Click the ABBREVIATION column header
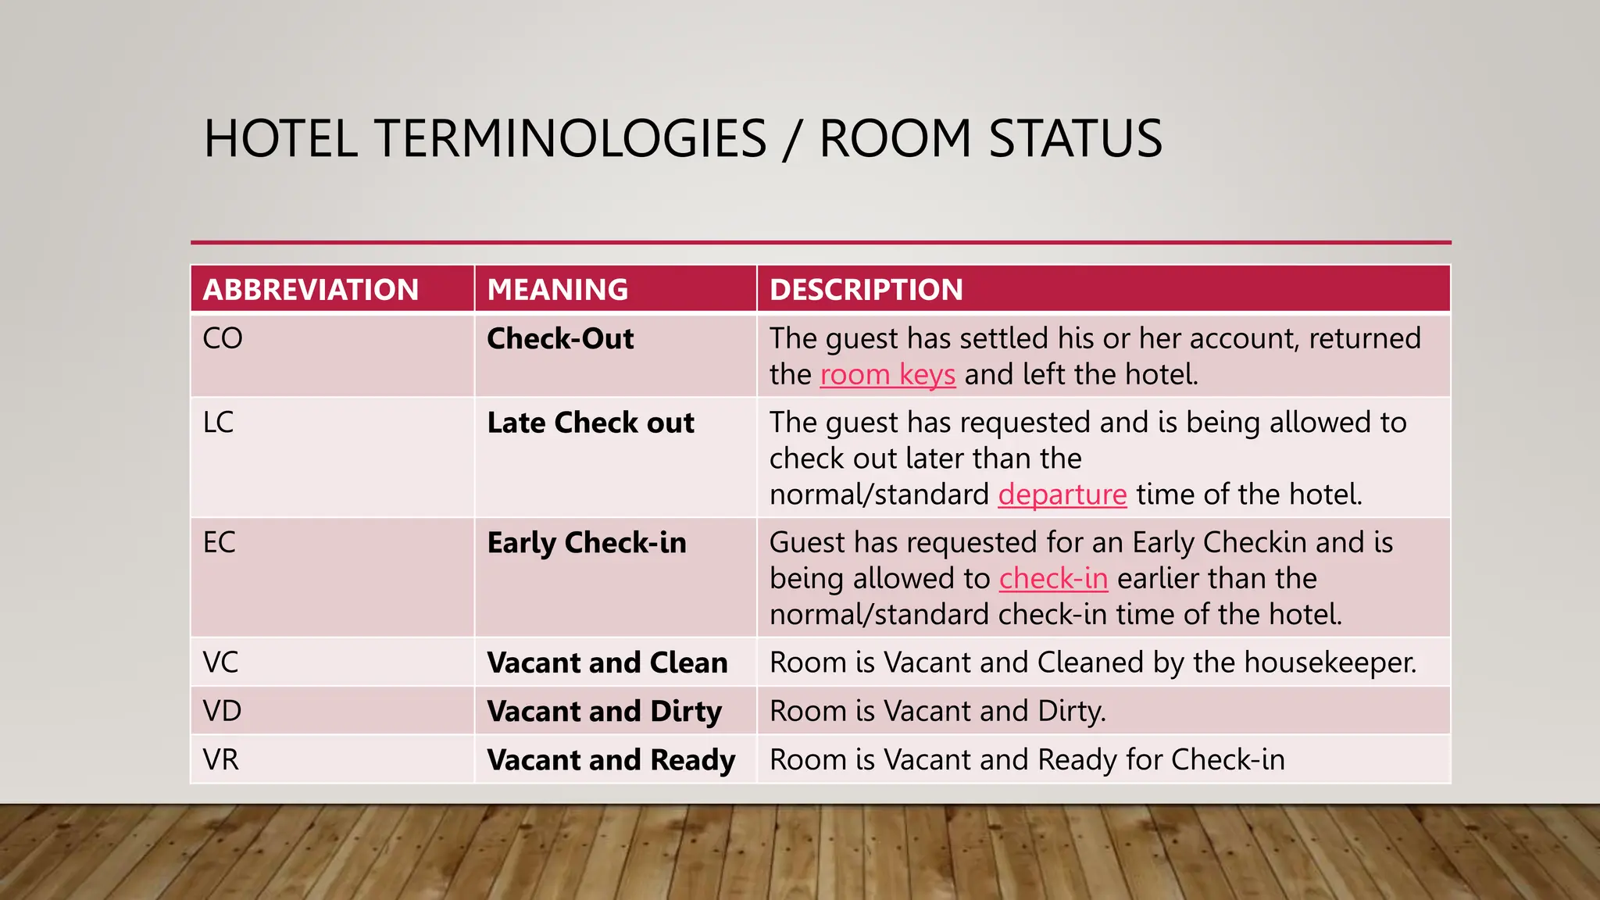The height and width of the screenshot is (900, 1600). pyautogui.click(x=311, y=290)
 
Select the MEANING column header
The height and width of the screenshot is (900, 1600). pyautogui.click(x=558, y=290)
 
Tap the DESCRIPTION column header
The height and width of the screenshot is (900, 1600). pyautogui.click(x=866, y=290)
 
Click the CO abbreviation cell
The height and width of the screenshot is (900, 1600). pyautogui.click(x=223, y=339)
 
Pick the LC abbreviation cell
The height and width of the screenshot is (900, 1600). pyautogui.click(x=219, y=423)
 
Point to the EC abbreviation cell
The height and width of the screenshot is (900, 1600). pyautogui.click(x=220, y=543)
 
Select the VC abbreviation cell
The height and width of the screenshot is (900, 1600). pyautogui.click(x=221, y=663)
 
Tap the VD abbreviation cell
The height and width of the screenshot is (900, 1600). pyautogui.click(x=223, y=712)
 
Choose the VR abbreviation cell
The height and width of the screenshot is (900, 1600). pyautogui.click(x=221, y=760)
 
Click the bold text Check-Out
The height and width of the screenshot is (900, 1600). pyautogui.click(x=560, y=339)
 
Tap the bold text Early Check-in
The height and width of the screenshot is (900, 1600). pyautogui.click(x=587, y=543)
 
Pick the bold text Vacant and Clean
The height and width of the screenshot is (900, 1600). pyautogui.click(x=607, y=663)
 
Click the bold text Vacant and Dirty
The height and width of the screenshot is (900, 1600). pyautogui.click(x=604, y=712)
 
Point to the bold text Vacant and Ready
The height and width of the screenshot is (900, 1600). pyautogui.click(x=611, y=760)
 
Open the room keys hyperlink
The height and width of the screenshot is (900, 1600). pyautogui.click(x=887, y=375)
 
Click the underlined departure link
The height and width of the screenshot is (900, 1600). pyautogui.click(x=1062, y=495)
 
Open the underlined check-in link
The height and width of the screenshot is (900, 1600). pyautogui.click(x=1053, y=579)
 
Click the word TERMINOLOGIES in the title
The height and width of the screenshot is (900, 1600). pyautogui.click(x=571, y=139)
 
